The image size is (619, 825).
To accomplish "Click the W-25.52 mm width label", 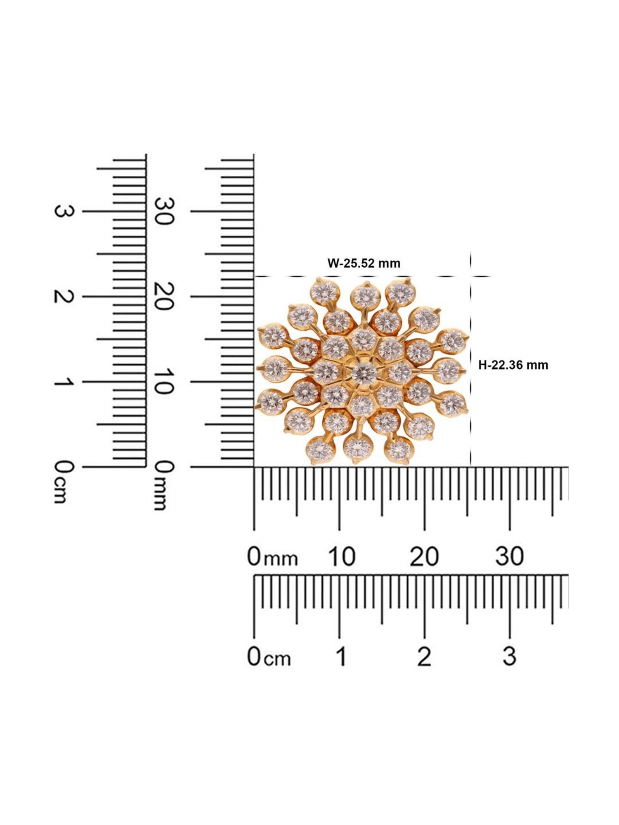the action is pyautogui.click(x=364, y=263).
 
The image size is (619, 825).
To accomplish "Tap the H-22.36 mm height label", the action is pyautogui.click(x=513, y=365).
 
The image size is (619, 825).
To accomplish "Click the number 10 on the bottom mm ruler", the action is pyautogui.click(x=342, y=556).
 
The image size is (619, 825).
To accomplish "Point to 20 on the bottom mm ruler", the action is pyautogui.click(x=424, y=556).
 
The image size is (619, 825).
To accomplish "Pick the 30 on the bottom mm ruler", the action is pyautogui.click(x=510, y=556).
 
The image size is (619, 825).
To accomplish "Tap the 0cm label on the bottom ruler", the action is pyautogui.click(x=269, y=657).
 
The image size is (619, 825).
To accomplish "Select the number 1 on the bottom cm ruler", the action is pyautogui.click(x=341, y=657).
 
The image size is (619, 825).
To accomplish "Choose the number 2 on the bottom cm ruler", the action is pyautogui.click(x=424, y=657).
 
